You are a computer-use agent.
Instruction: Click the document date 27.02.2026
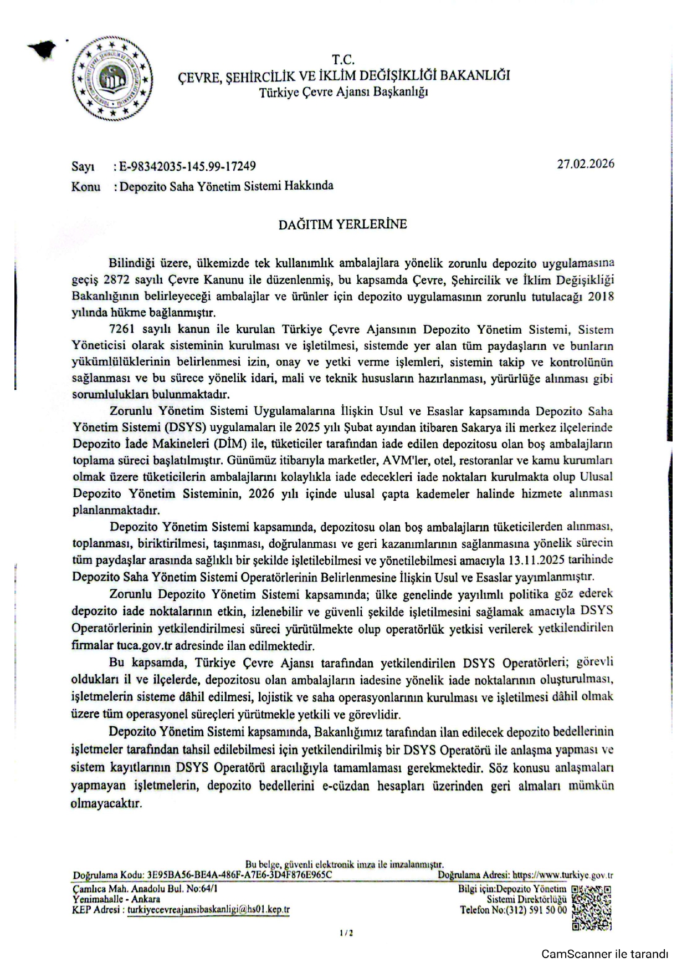(x=586, y=164)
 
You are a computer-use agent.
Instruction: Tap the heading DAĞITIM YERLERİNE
(x=342, y=224)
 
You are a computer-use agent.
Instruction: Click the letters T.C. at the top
(x=343, y=60)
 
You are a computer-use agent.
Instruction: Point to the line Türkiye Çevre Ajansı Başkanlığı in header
(x=343, y=92)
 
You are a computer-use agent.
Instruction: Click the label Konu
(x=86, y=187)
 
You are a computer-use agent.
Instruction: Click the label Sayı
(x=83, y=166)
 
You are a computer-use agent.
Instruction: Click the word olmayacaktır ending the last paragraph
(x=106, y=803)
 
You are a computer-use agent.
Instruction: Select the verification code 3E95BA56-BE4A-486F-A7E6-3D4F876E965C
(x=239, y=875)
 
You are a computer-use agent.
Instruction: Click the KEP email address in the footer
(x=208, y=910)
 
